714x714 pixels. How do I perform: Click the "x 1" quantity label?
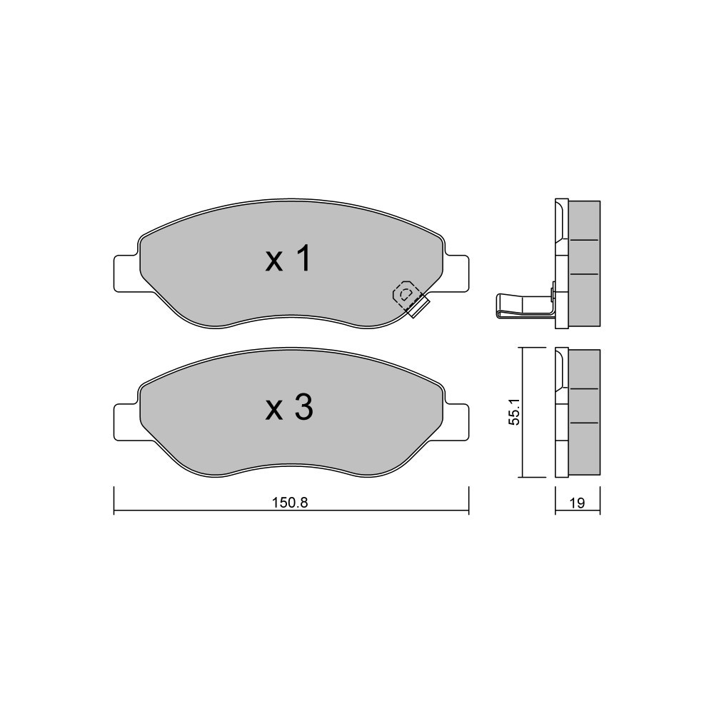click(x=288, y=258)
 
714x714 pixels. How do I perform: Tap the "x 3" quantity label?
click(x=289, y=407)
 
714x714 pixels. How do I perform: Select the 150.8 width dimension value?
click(x=290, y=502)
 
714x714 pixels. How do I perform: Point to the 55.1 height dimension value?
click(x=514, y=413)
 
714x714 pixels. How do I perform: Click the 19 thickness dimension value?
click(x=577, y=503)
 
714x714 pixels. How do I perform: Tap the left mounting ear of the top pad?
click(x=126, y=273)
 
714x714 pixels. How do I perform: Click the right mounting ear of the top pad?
click(x=456, y=273)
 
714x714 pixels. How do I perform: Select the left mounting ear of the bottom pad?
click(x=126, y=422)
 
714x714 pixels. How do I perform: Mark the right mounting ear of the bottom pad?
click(x=456, y=422)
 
